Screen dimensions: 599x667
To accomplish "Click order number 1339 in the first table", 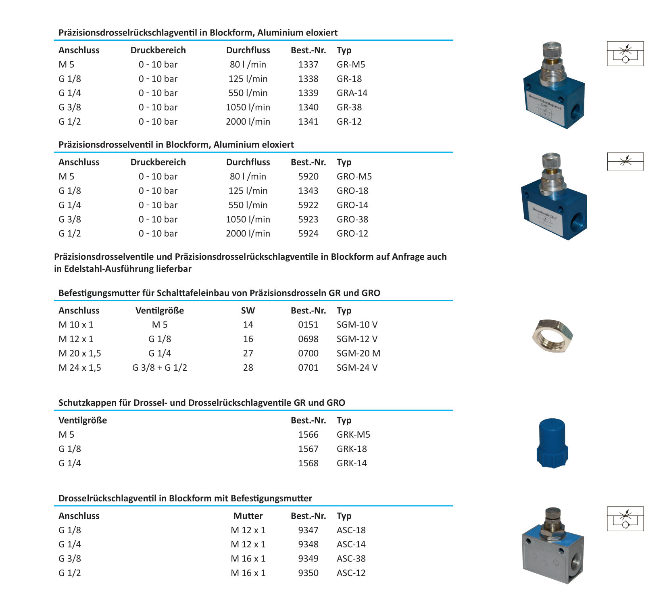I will [x=308, y=93].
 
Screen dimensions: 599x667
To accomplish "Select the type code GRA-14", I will [x=352, y=93].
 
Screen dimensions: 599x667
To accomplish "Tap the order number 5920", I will [x=308, y=177].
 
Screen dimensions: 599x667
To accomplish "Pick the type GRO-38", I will [x=352, y=219].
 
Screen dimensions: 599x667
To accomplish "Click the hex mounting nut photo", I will [x=552, y=336].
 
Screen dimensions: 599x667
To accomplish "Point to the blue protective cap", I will [x=552, y=443].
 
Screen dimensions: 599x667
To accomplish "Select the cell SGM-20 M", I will [x=358, y=353].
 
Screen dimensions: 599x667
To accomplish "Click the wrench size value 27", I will [x=248, y=353].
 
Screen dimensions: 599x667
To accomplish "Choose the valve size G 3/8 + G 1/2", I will [x=160, y=368].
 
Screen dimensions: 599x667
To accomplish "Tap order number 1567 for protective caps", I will [x=308, y=449].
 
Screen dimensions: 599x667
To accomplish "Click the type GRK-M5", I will [x=353, y=435].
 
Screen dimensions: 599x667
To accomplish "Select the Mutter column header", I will [x=248, y=516].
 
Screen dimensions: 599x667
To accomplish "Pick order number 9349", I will [x=308, y=559].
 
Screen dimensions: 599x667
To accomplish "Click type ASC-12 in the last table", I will [x=351, y=573].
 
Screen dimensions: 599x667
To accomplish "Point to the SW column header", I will [x=248, y=311].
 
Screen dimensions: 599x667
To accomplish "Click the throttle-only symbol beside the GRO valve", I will [x=625, y=161].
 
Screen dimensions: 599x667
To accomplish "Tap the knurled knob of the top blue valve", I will [x=552, y=51].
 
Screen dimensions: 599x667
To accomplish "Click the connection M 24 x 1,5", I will [x=80, y=368].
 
